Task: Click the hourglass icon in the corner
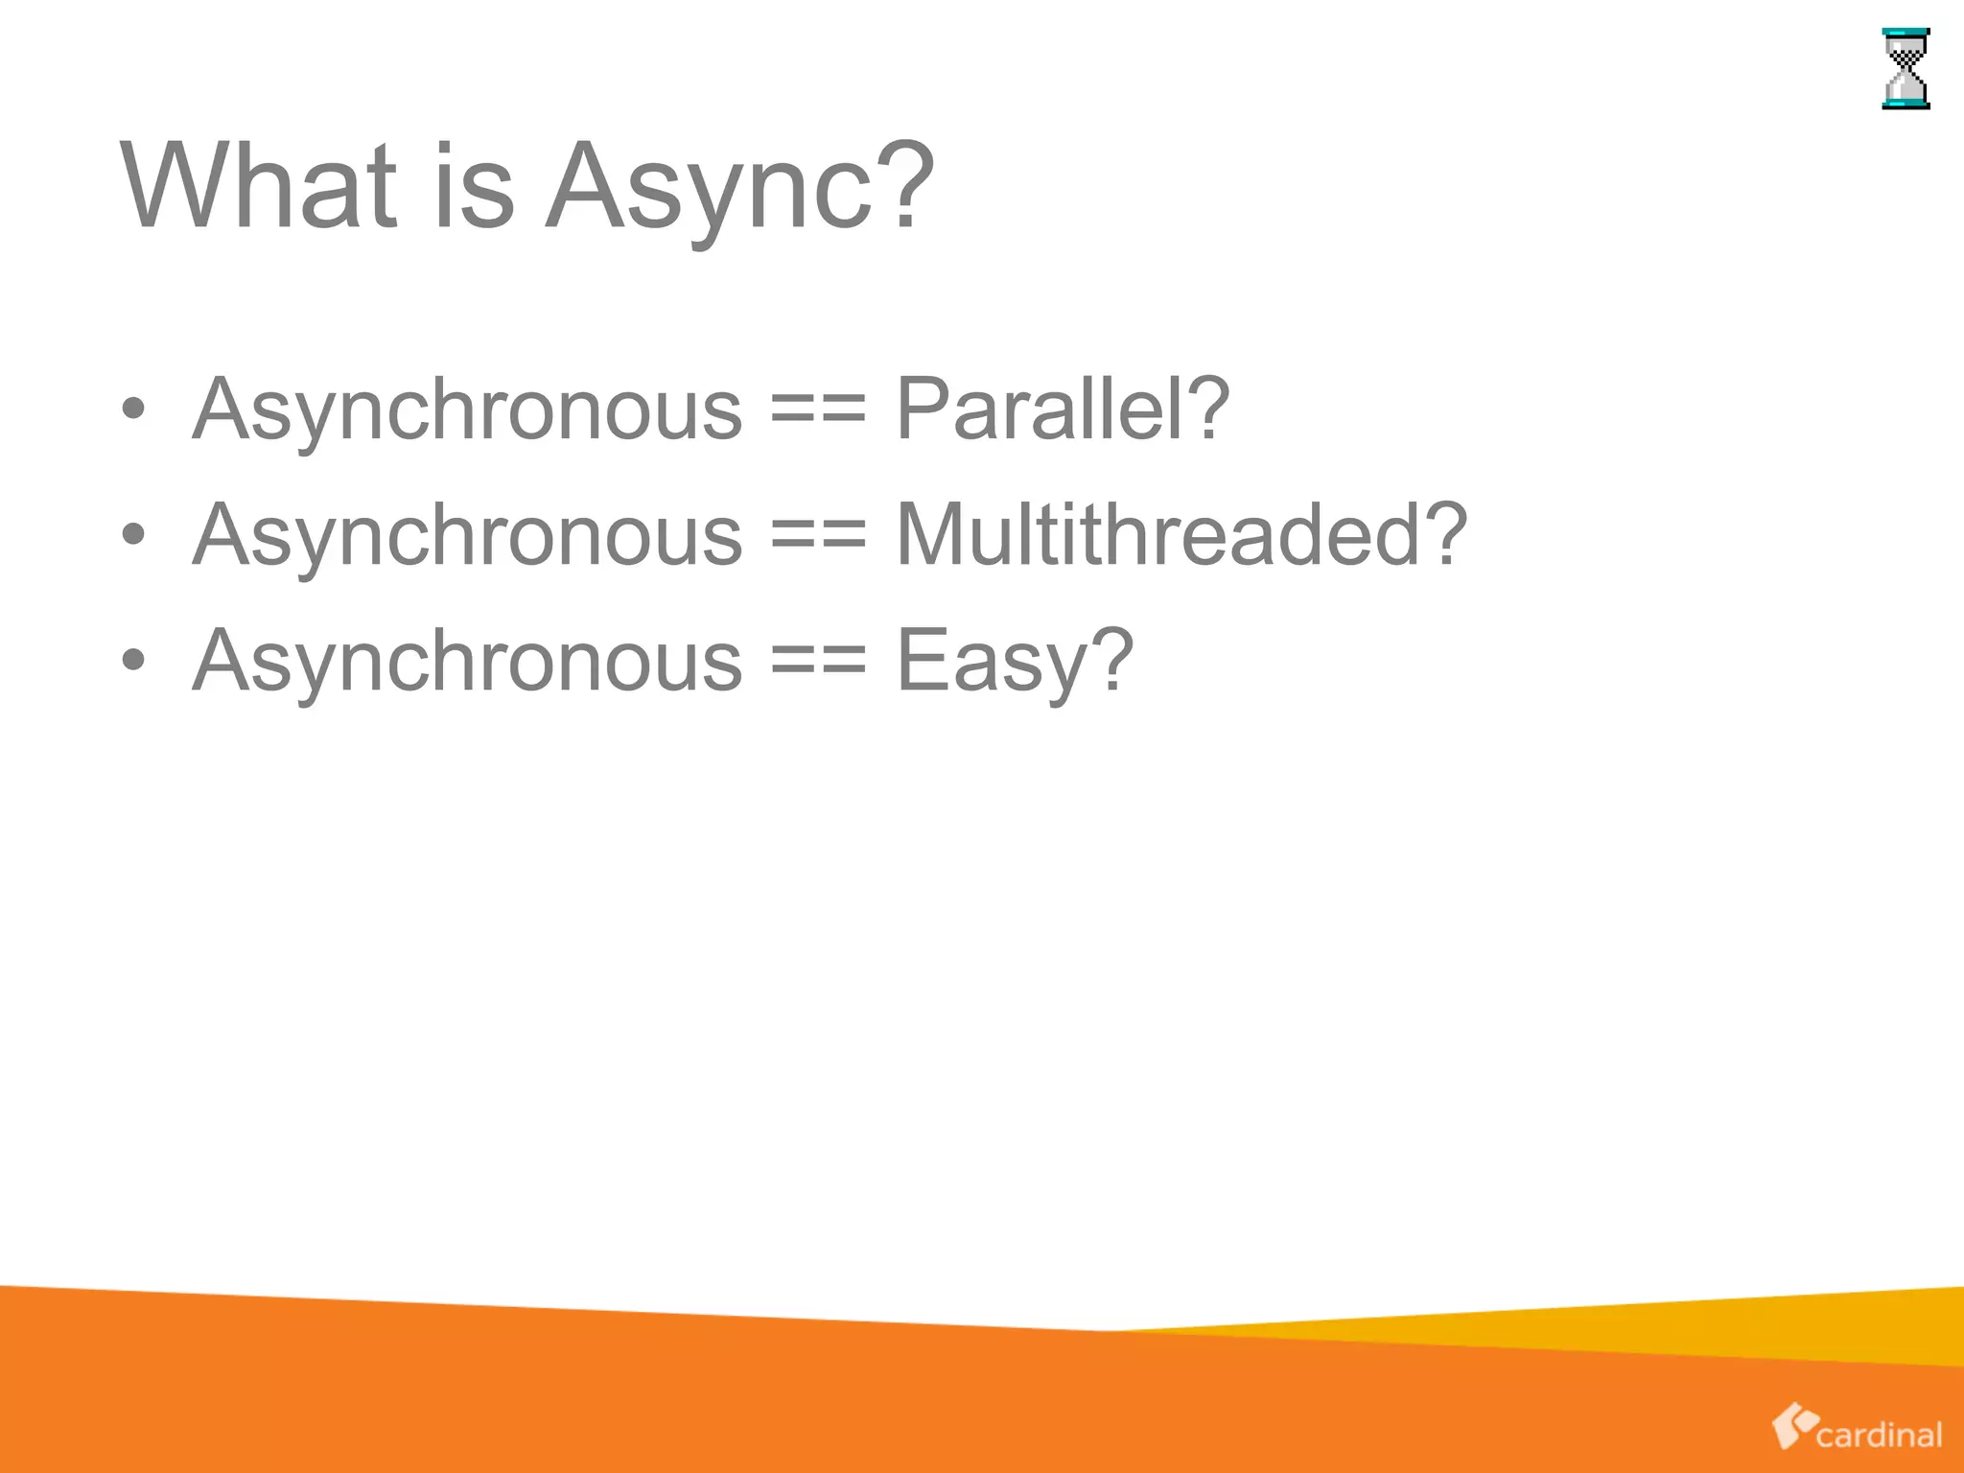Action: [1906, 69]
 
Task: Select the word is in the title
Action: [474, 186]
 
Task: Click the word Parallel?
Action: [1062, 409]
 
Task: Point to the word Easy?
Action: [1015, 661]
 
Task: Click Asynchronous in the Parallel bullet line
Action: [467, 409]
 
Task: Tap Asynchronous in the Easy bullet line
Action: [467, 661]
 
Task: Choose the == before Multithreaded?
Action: [818, 538]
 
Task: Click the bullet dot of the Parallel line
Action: [134, 409]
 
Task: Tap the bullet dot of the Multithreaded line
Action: [134, 535]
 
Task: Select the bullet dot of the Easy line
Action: [134, 661]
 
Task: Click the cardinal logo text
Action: [1879, 1435]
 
